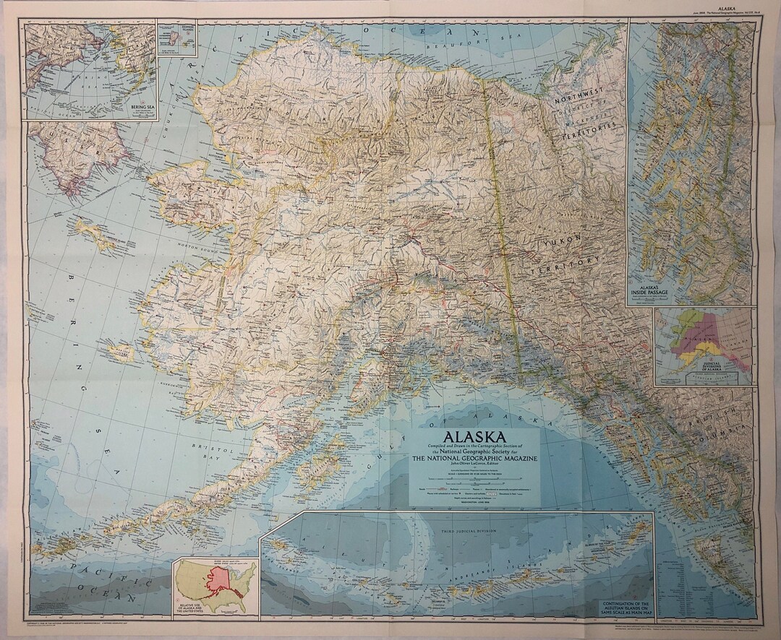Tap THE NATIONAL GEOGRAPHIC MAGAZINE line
[x=474, y=458]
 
